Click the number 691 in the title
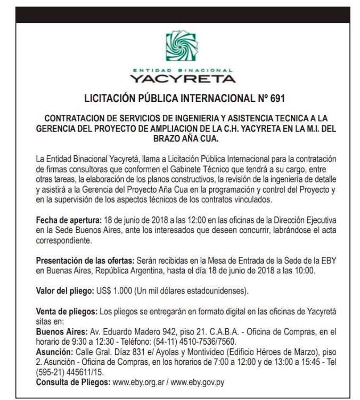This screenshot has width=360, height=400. [x=274, y=99]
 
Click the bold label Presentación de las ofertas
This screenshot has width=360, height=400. [x=85, y=261]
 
